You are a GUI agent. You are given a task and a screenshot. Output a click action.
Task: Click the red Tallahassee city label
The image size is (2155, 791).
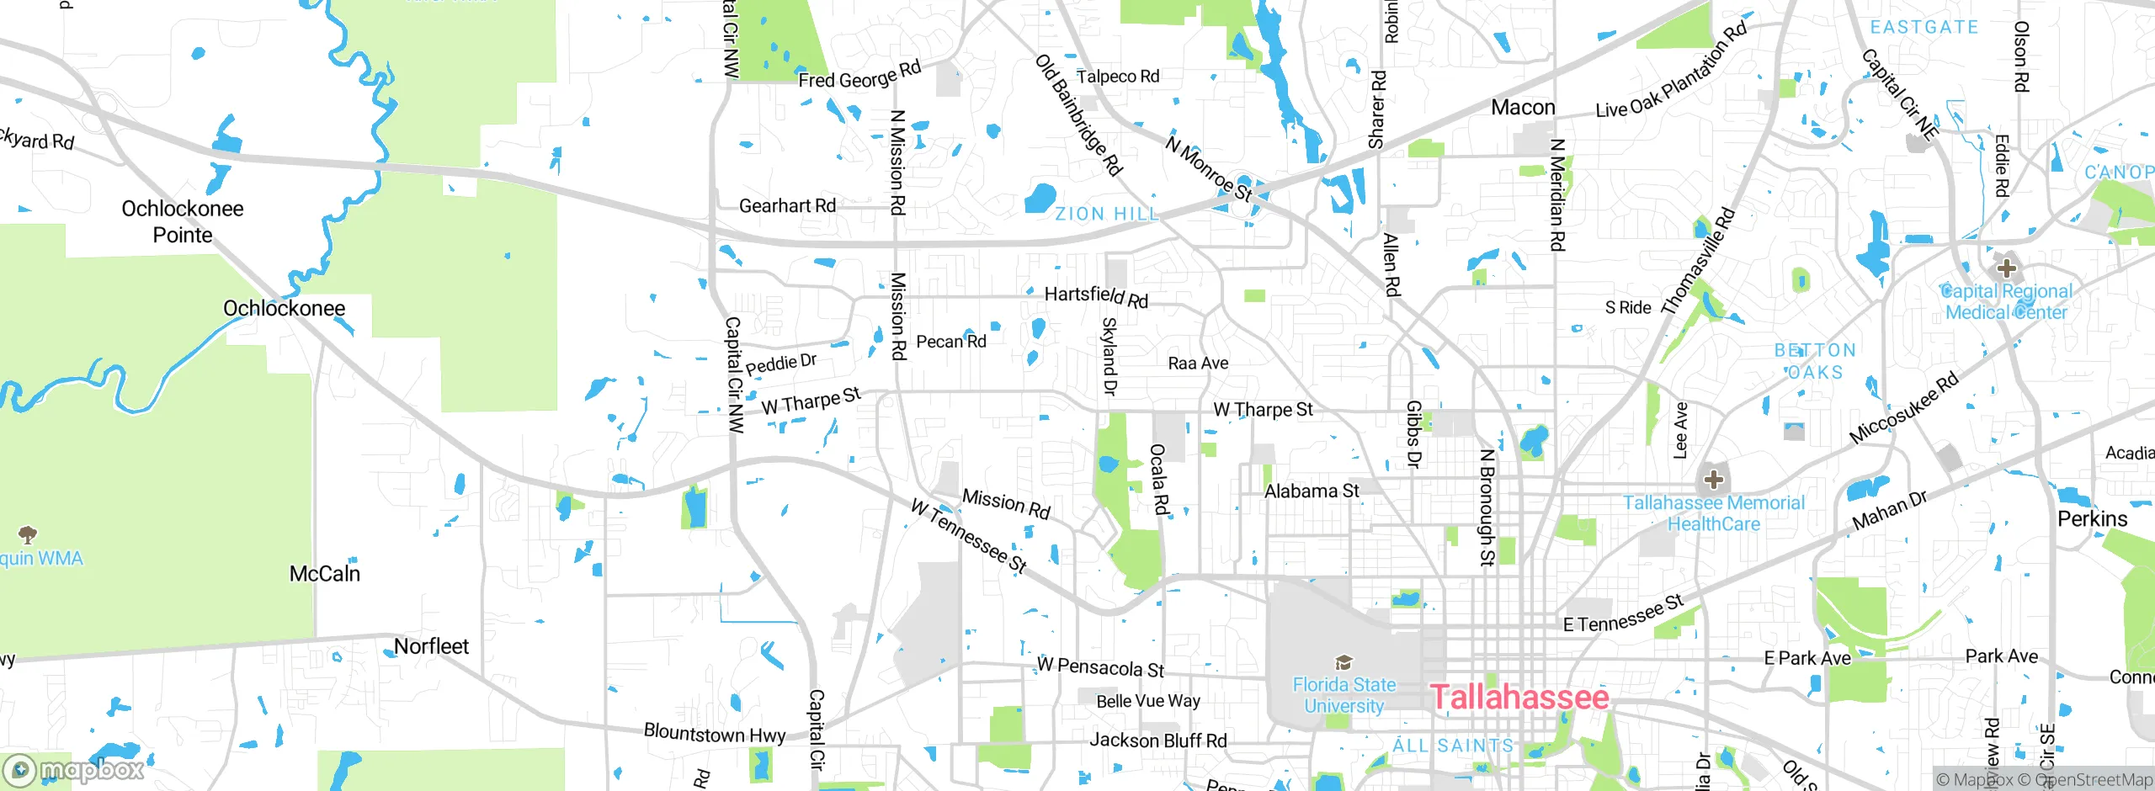pyautogui.click(x=1519, y=697)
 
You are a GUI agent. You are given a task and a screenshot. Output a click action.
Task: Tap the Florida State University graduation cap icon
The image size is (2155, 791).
pyautogui.click(x=1344, y=662)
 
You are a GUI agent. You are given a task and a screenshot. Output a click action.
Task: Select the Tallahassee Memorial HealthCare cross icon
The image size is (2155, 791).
pyautogui.click(x=1713, y=480)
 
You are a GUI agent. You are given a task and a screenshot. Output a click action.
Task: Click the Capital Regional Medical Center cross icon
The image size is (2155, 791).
pyautogui.click(x=2007, y=268)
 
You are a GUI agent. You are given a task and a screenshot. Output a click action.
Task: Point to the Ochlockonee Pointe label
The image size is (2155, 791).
pyautogui.click(x=183, y=221)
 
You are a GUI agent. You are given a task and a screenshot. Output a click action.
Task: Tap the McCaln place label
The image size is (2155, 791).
pyautogui.click(x=325, y=574)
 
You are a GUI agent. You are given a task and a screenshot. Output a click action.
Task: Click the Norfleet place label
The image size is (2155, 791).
pyautogui.click(x=431, y=646)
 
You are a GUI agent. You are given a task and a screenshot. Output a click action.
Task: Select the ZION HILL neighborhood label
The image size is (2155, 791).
pyautogui.click(x=1107, y=215)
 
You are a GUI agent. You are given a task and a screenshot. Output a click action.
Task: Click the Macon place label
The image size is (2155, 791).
pyautogui.click(x=1523, y=108)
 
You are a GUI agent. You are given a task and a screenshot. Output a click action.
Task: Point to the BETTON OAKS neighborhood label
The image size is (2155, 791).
pyautogui.click(x=1815, y=361)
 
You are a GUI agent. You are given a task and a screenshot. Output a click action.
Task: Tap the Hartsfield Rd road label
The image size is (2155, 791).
pyautogui.click(x=1096, y=296)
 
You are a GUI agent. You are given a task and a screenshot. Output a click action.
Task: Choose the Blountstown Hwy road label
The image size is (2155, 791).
pyautogui.click(x=715, y=733)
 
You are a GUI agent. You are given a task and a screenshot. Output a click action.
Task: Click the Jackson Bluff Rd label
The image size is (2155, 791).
pyautogui.click(x=1158, y=741)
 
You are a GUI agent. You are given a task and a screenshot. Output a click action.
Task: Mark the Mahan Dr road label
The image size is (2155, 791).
pyautogui.click(x=1890, y=511)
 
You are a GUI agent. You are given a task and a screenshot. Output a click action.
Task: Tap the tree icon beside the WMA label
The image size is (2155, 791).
pyautogui.click(x=28, y=534)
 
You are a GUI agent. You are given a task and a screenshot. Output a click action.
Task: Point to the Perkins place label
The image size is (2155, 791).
pyautogui.click(x=2092, y=519)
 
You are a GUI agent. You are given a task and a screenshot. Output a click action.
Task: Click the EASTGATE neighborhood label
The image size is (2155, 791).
pyautogui.click(x=1924, y=28)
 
